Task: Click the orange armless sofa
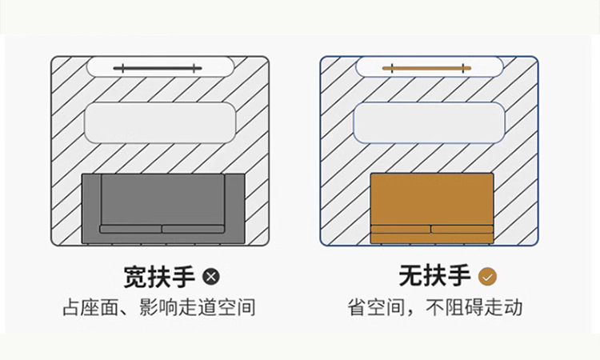click(x=431, y=200)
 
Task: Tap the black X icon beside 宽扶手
click(x=210, y=277)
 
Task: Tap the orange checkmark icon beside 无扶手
click(x=487, y=277)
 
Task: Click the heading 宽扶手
click(x=159, y=277)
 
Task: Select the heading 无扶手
click(x=434, y=277)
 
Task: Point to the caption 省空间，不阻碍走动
click(x=434, y=307)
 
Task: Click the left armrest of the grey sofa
click(x=91, y=208)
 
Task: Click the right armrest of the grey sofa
click(x=233, y=208)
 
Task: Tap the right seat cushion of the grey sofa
click(x=193, y=229)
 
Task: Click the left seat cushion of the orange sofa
click(x=401, y=229)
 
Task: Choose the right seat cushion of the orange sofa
click(x=462, y=229)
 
